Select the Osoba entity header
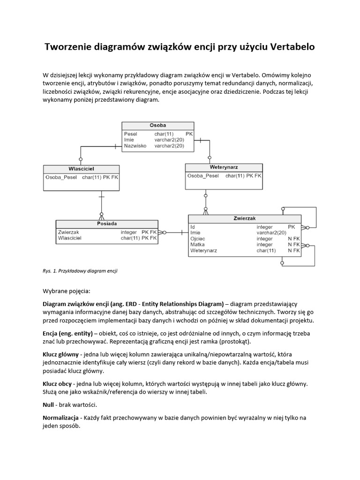[x=157, y=126]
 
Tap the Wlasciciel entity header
[x=81, y=168]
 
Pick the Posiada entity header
[x=107, y=224]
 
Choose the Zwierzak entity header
[x=244, y=218]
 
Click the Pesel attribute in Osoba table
[x=130, y=134]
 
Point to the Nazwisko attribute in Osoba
[x=135, y=146]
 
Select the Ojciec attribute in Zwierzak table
[x=198, y=239]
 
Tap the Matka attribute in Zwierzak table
[x=197, y=245]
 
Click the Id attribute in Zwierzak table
[x=193, y=226]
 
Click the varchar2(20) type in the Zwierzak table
[x=271, y=232]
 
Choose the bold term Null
[x=49, y=405]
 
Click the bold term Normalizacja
[x=62, y=417]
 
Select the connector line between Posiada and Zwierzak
[x=176, y=232]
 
